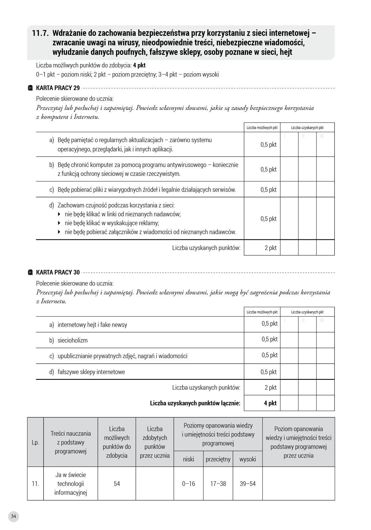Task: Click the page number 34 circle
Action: [x=13, y=516]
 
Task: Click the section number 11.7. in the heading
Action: [x=41, y=33]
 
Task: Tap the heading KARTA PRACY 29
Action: [x=58, y=88]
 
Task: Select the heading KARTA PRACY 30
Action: [x=58, y=272]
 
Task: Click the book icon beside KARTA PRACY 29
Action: [x=30, y=88]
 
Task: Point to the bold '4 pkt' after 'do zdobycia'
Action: [x=139, y=65]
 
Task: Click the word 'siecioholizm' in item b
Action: [x=73, y=340]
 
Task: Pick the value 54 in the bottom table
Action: [x=117, y=483]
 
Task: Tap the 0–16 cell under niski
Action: [x=188, y=483]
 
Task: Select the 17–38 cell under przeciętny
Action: [x=218, y=483]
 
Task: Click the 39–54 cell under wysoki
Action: [x=248, y=483]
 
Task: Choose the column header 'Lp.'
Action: [x=35, y=442]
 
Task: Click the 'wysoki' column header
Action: [x=248, y=459]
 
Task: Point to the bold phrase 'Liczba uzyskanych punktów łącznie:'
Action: [x=195, y=403]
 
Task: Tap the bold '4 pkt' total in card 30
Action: [x=270, y=403]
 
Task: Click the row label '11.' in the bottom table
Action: [x=35, y=483]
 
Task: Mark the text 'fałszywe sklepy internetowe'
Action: [x=91, y=372]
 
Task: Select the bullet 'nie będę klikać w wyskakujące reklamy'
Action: [x=112, y=223]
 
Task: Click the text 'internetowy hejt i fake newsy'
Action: [x=92, y=325]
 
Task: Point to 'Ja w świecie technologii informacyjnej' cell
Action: [x=71, y=483]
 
